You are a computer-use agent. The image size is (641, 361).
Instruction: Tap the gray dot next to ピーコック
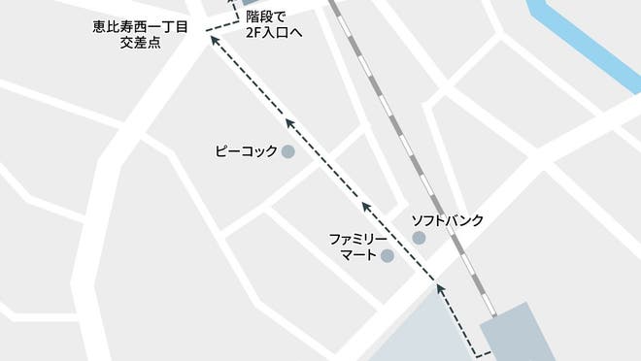(287, 151)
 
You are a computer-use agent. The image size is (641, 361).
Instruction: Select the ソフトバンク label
(447, 220)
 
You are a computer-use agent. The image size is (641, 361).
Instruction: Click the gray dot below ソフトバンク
(419, 238)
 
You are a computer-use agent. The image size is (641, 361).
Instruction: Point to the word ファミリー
(359, 239)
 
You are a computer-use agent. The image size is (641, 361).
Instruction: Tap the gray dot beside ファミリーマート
(388, 256)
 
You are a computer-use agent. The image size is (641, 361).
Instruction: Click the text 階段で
(268, 16)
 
